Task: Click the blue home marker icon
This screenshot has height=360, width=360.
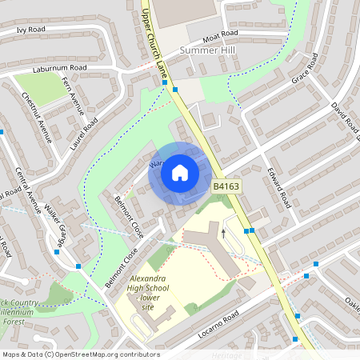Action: point(180,172)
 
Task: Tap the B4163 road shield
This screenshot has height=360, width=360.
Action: point(226,186)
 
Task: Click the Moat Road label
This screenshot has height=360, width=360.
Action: point(220,36)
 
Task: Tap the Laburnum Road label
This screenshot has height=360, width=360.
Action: point(59,69)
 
